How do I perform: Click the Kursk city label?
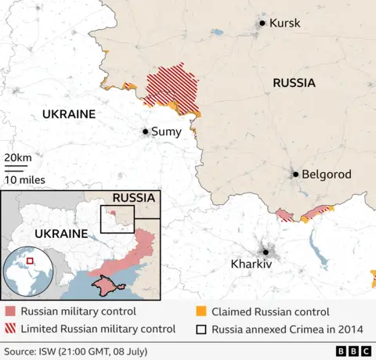click(284, 23)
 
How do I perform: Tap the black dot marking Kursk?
click(262, 23)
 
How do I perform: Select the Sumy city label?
click(167, 131)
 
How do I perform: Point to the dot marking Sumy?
click(145, 131)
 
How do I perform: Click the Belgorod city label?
click(327, 175)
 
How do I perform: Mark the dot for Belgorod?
click(295, 175)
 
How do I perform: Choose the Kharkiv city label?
click(251, 265)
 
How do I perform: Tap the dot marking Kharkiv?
click(266, 252)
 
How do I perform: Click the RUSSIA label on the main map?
click(294, 82)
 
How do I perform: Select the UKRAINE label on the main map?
click(68, 114)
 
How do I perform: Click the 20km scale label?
click(18, 158)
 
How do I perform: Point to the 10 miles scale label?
click(23, 179)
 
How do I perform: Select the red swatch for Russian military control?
click(9, 312)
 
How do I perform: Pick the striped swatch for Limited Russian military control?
click(9, 329)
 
